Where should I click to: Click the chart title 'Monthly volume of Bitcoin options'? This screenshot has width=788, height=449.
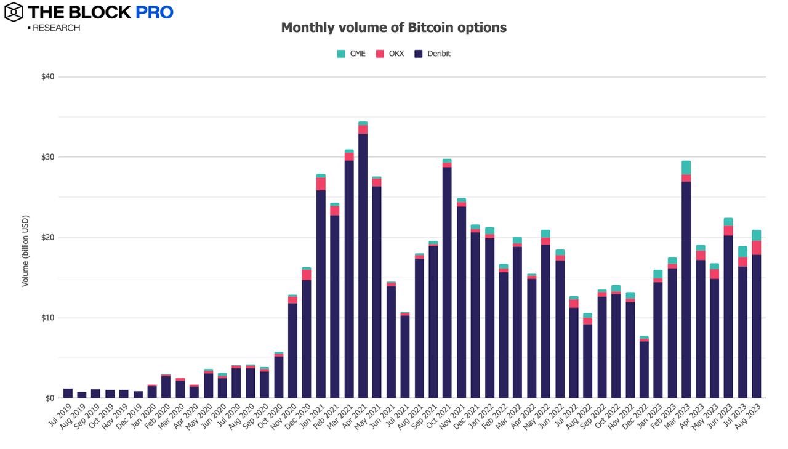[393, 28]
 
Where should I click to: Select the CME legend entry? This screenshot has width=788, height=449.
[352, 54]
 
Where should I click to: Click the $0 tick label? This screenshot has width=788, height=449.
[49, 398]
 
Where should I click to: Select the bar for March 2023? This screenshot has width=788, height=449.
[686, 289]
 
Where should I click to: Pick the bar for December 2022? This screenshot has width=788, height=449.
[644, 370]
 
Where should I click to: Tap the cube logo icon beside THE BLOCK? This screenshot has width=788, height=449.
[14, 12]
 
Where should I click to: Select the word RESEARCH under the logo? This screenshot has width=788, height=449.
[56, 28]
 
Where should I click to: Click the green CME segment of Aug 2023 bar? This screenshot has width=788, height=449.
[757, 235]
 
